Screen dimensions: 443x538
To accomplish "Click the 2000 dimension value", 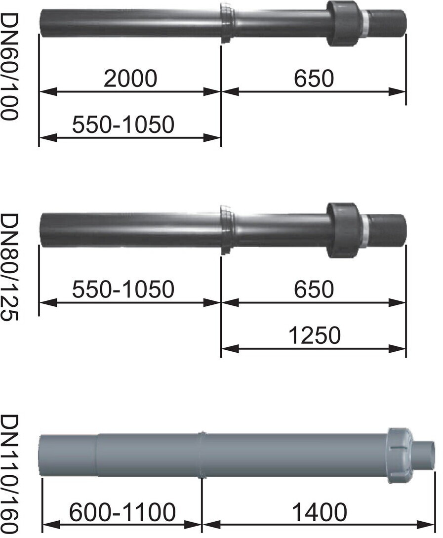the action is (130, 78).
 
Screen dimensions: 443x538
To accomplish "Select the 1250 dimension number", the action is (315, 335).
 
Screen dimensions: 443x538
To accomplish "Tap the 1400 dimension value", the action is (319, 513).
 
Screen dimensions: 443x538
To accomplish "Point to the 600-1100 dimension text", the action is (122, 513).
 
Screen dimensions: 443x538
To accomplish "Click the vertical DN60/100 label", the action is (8, 67).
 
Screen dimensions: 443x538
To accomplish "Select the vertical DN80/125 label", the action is (8, 267).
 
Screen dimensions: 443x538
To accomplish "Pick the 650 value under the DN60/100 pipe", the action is (314, 78).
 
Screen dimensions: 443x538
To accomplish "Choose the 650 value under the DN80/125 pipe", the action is (314, 289).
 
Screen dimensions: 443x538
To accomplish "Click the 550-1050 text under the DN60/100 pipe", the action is (123, 124).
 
